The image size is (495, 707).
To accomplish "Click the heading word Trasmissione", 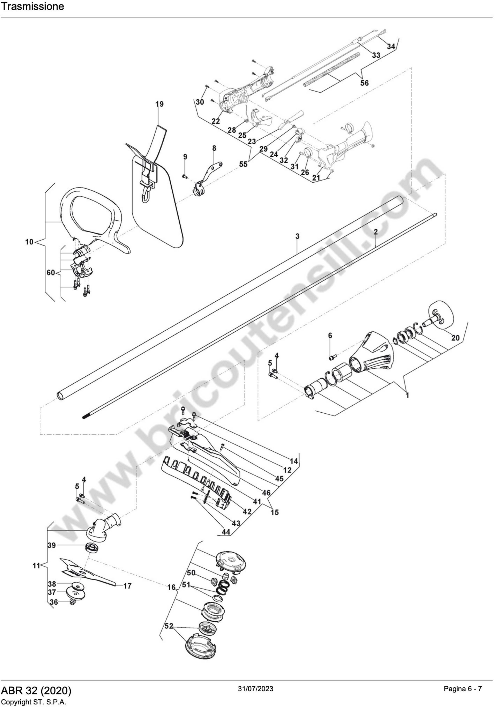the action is coord(32,7).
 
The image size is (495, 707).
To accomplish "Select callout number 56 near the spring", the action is coord(364,83).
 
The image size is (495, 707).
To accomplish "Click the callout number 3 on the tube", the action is coord(297,237).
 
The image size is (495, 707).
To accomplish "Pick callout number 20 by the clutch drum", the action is coord(455,338).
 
